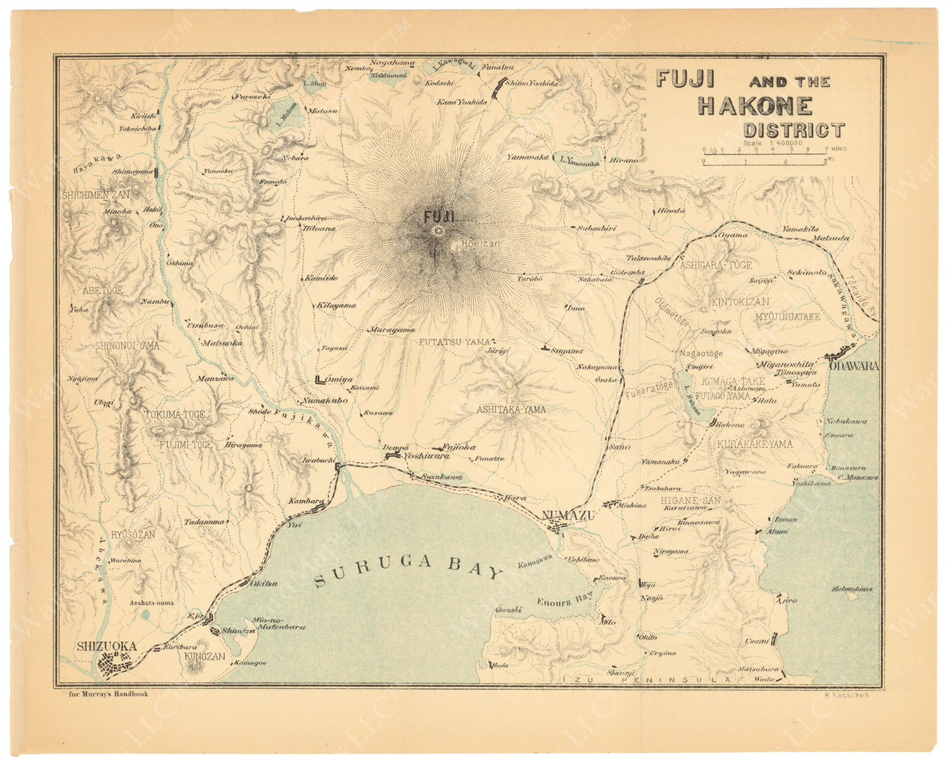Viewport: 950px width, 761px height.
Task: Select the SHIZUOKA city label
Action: click(x=106, y=646)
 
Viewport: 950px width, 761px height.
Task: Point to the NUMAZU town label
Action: click(x=570, y=516)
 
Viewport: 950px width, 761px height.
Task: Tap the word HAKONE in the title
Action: click(x=755, y=106)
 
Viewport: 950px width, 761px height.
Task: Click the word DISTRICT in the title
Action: click(x=794, y=130)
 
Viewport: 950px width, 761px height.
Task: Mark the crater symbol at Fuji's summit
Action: click(x=436, y=232)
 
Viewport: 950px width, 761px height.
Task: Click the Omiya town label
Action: click(x=339, y=379)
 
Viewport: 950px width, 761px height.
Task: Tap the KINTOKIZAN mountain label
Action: click(x=740, y=302)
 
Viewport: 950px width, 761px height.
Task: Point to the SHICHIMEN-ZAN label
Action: click(x=96, y=195)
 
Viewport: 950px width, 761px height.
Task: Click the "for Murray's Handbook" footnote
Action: click(x=109, y=694)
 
